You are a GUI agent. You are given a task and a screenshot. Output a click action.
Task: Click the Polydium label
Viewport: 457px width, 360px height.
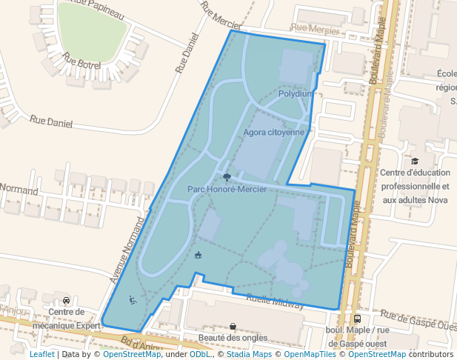296,94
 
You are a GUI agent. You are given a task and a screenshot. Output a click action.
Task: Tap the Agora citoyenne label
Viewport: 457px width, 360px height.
274,133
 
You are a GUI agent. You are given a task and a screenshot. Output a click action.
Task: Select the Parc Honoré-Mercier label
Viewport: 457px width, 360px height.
227,190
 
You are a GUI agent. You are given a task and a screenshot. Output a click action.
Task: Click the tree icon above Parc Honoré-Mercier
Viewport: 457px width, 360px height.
227,177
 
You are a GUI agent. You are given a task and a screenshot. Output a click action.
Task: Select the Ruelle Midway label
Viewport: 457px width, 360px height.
274,300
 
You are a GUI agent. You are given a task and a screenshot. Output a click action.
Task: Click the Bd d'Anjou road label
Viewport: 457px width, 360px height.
145,344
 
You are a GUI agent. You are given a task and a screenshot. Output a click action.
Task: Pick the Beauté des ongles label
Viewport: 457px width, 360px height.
233,338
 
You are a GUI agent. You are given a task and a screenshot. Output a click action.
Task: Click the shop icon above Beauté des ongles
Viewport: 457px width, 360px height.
233,326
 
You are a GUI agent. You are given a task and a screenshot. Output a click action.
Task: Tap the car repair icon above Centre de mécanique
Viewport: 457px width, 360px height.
67,300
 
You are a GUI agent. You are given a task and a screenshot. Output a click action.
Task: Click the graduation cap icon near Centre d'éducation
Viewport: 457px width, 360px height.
415,161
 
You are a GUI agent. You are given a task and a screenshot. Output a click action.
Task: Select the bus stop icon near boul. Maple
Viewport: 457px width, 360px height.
358,319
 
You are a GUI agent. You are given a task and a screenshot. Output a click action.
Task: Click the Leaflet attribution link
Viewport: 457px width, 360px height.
41,354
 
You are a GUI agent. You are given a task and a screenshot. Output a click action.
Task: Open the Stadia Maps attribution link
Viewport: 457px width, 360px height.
250,354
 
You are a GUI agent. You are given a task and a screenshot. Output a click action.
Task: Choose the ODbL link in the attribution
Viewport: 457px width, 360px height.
200,354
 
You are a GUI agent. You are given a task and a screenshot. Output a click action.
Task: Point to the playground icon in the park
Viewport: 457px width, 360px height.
198,256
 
